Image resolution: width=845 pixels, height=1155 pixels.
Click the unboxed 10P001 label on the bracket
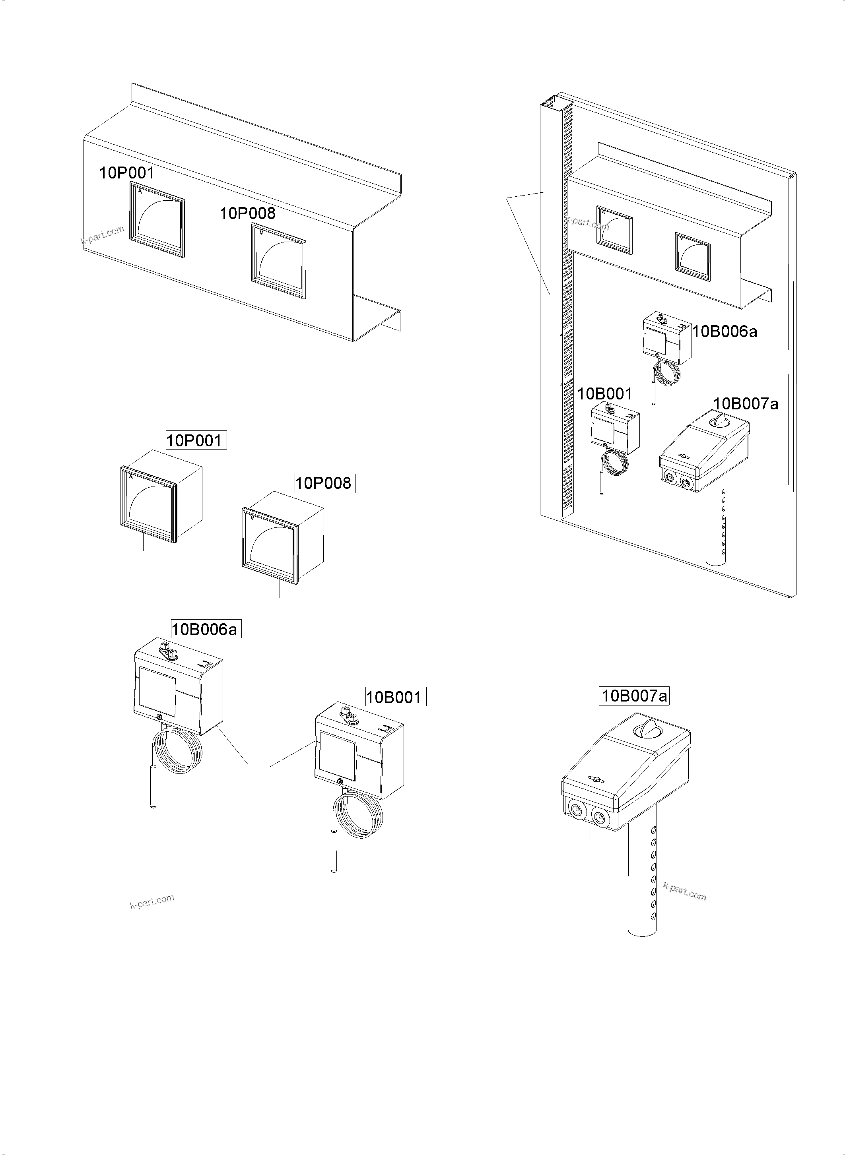(x=126, y=173)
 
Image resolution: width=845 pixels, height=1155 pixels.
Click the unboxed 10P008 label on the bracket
(x=248, y=213)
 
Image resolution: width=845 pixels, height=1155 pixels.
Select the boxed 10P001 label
(x=196, y=440)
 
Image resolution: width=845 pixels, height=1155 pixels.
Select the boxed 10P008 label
(x=325, y=483)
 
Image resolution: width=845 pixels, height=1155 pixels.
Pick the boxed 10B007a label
(x=634, y=696)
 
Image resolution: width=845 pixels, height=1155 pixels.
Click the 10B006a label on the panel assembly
(x=724, y=332)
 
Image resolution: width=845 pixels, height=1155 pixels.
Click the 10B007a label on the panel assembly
(x=746, y=404)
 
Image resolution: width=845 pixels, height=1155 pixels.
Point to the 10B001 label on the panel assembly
(x=604, y=394)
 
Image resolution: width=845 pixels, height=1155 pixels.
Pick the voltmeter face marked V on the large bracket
(x=279, y=261)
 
